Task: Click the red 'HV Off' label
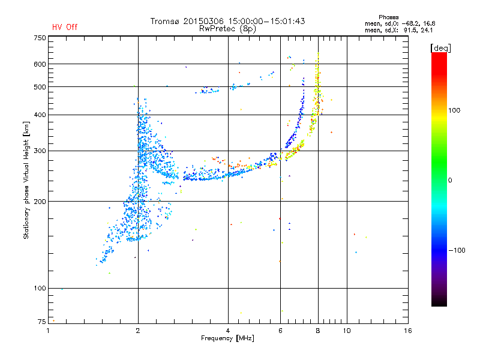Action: coord(65,27)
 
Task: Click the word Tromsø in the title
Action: coord(165,21)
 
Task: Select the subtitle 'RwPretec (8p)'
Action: coord(227,29)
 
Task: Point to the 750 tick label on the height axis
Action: coord(40,38)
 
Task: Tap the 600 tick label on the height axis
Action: coord(40,64)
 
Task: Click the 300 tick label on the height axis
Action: coord(40,151)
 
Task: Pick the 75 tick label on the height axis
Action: coord(42,322)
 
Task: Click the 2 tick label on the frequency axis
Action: coord(138,331)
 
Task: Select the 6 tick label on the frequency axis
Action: coord(280,331)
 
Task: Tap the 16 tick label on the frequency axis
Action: coord(408,331)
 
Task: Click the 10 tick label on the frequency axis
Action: coord(347,331)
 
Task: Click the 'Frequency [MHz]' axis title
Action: coord(227,338)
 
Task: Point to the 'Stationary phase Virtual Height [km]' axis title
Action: coord(26,180)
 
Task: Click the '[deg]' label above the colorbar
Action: coord(441,48)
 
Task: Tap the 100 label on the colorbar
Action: coord(454,110)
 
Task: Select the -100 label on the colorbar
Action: coord(457,250)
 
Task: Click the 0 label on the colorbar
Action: coord(450,180)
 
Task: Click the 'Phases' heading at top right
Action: coord(388,17)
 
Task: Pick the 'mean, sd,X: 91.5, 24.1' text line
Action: coord(398,31)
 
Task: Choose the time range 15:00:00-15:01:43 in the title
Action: coord(266,21)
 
